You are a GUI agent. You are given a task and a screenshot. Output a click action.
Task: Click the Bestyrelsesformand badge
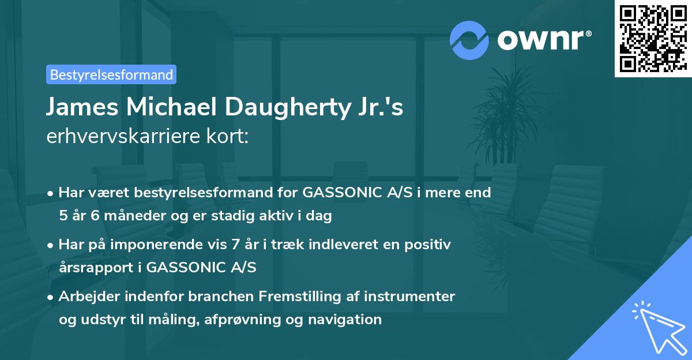[111, 74]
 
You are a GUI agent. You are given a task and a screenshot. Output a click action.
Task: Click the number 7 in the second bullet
[236, 245]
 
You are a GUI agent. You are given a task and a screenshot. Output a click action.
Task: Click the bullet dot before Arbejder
[51, 297]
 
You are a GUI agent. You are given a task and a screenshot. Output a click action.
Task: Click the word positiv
[428, 245]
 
